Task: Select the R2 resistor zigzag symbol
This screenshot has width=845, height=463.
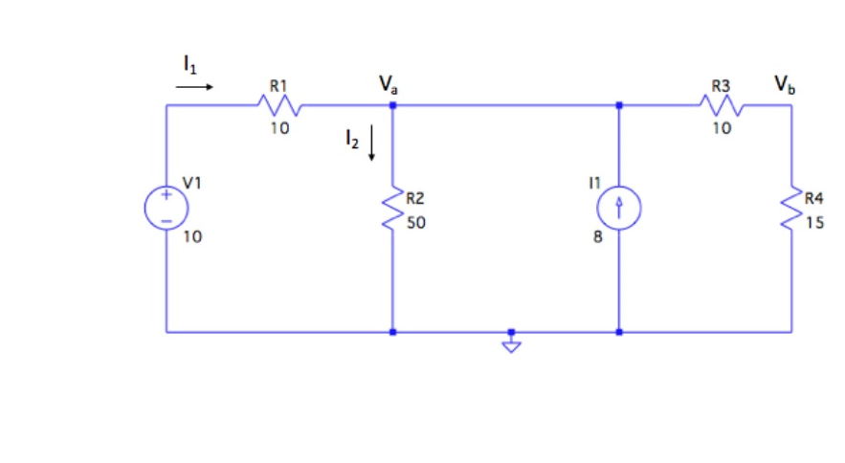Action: click(392, 209)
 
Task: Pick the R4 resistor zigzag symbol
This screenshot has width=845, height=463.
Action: click(791, 209)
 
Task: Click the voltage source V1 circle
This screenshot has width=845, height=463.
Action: click(166, 209)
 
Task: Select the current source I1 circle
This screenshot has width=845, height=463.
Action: click(619, 209)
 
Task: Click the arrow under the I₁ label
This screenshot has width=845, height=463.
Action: click(194, 86)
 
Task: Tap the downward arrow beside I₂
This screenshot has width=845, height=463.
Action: click(371, 145)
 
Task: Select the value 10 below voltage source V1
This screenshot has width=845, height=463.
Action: click(192, 238)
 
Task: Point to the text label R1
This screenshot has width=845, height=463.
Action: click(277, 85)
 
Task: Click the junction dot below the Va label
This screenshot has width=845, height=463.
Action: click(392, 105)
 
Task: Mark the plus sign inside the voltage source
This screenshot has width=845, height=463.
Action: click(166, 195)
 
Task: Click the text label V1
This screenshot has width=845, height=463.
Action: click(193, 181)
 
